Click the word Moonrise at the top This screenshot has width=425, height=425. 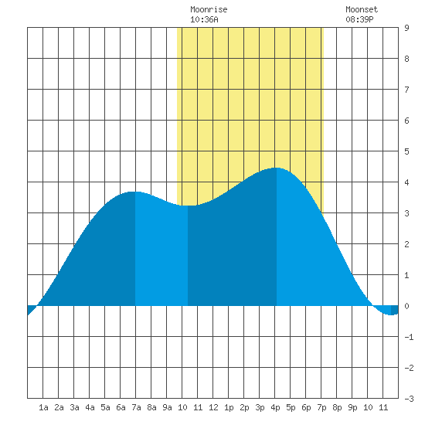[x=209, y=9]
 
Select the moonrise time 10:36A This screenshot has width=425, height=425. [x=204, y=19]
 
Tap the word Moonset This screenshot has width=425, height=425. [x=362, y=9]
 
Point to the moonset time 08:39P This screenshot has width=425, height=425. [x=359, y=19]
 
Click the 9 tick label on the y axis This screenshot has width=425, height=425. [x=406, y=28]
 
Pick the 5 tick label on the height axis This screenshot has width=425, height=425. [x=406, y=151]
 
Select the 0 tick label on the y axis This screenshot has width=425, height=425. [x=406, y=306]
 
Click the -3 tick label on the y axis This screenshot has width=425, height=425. [x=409, y=399]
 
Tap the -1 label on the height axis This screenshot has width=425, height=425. [x=409, y=337]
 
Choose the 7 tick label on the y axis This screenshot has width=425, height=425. [x=406, y=90]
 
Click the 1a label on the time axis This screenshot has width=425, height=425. [x=43, y=407]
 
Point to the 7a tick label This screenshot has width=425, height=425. [x=136, y=407]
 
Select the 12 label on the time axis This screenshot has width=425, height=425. [x=213, y=407]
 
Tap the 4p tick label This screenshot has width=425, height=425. [x=275, y=407]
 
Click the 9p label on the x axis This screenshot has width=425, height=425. [x=352, y=407]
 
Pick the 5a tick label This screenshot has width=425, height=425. [x=105, y=407]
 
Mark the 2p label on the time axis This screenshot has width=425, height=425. [x=244, y=407]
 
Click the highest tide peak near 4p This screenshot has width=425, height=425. [x=277, y=168]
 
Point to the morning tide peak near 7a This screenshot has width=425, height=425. [x=135, y=192]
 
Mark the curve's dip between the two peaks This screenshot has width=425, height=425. [x=188, y=206]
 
